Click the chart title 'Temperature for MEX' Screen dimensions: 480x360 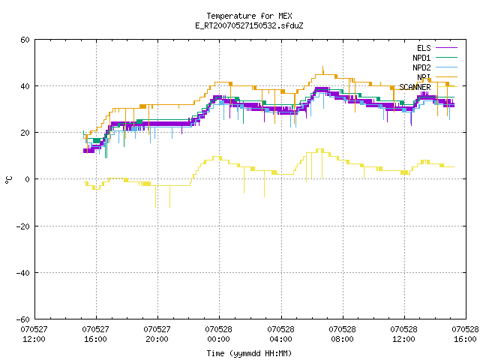coord(249,16)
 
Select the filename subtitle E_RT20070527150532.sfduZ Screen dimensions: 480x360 coord(249,25)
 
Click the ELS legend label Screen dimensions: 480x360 coord(424,48)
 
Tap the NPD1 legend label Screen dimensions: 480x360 coord(421,58)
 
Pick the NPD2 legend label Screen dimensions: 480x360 coord(421,67)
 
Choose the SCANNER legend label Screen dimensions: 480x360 coord(415,87)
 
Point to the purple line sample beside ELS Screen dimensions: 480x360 coord(447,48)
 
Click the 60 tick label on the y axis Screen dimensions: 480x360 coord(25,40)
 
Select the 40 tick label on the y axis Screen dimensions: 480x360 coord(25,86)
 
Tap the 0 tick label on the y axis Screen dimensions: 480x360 coord(27,179)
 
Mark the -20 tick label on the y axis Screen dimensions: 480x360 coord(23,226)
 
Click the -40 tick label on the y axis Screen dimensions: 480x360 coord(23,273)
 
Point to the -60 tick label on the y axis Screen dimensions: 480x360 coord(23,319)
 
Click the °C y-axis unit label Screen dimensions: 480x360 coord(9,180)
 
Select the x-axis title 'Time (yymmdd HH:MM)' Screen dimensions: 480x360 coord(249,353)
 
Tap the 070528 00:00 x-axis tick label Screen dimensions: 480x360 coord(218,334)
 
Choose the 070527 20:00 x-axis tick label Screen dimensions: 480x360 coord(157,334)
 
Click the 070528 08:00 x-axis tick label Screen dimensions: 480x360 coord(342,334)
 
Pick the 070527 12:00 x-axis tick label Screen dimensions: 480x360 coord(34,334)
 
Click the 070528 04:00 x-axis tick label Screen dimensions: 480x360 coord(280,334)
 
